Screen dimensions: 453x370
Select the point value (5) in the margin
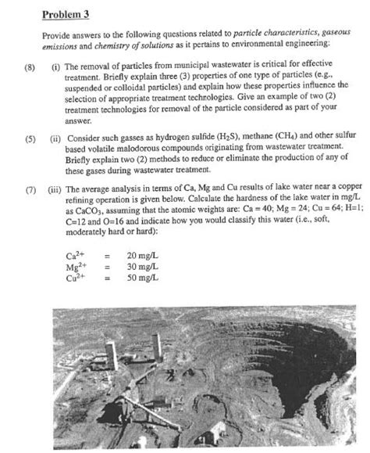click(x=29, y=138)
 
